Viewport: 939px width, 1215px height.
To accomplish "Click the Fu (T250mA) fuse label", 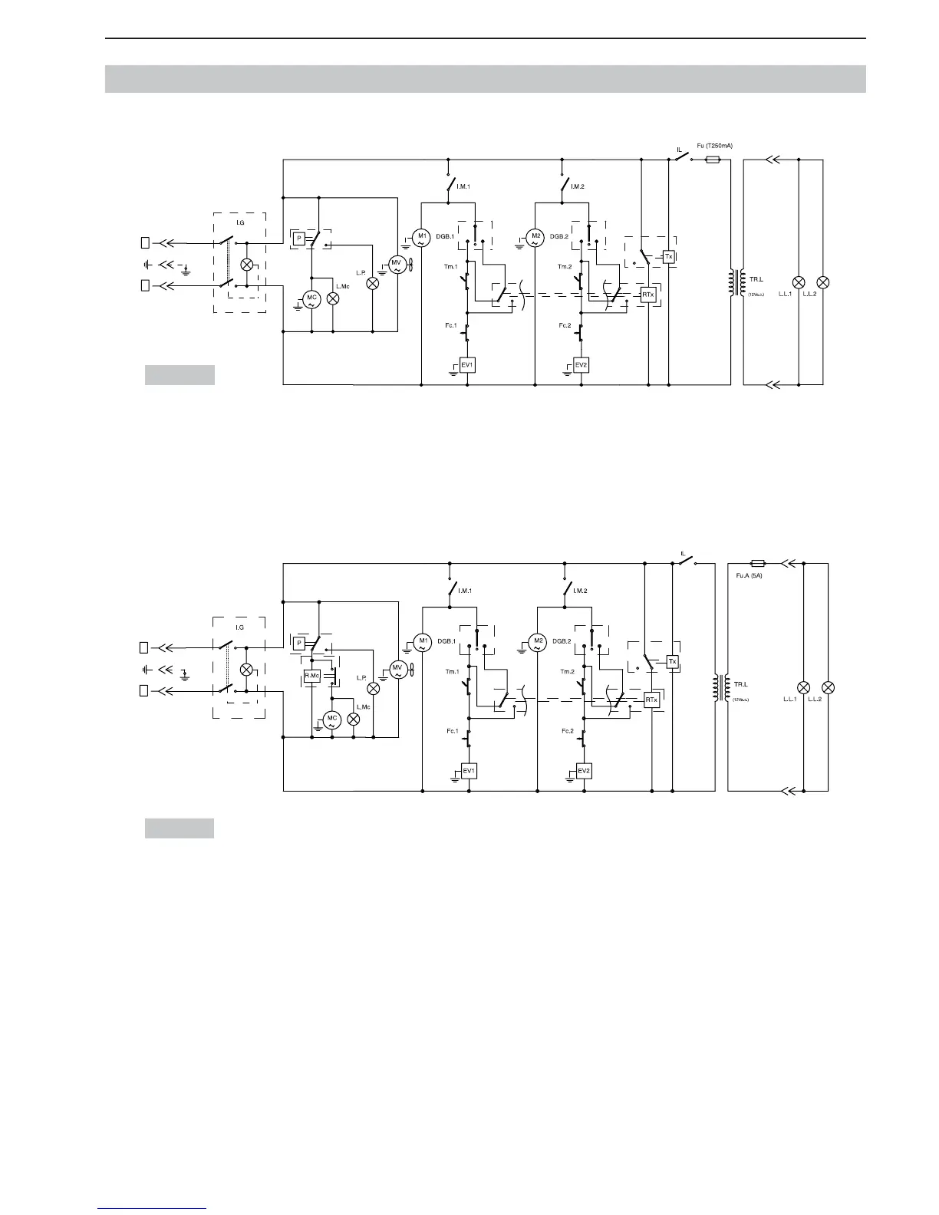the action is click(x=713, y=146).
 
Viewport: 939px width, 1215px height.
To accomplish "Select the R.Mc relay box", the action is click(x=312, y=676).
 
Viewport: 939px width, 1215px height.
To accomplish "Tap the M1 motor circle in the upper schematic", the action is click(x=421, y=238).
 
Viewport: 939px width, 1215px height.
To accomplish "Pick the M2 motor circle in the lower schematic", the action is click(x=538, y=643).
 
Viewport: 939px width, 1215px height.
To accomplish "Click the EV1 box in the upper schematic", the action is click(x=467, y=365).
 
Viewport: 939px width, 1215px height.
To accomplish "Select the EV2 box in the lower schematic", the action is click(x=584, y=770).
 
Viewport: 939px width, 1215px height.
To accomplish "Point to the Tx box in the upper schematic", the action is click(x=669, y=257).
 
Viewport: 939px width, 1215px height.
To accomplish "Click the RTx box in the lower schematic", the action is click(x=652, y=700).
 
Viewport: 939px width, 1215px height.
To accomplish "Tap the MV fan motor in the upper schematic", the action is click(x=397, y=265).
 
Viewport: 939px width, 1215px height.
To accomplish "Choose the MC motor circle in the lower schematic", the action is click(x=331, y=720).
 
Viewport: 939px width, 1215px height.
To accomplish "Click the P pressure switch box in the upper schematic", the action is click(x=298, y=238).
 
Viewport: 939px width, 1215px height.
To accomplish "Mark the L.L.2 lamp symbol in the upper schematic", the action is click(x=823, y=282).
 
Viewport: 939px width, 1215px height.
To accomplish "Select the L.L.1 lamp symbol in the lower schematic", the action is click(x=804, y=687).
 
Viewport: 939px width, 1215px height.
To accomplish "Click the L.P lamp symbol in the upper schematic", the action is click(x=373, y=282).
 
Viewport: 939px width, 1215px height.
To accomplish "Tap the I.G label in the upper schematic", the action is click(x=239, y=222).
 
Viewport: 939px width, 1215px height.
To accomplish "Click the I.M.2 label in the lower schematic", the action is click(x=579, y=591).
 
